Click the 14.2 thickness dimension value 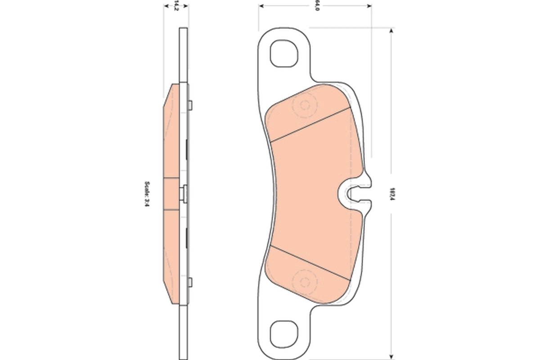pos(176,6)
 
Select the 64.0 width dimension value pos(317,6)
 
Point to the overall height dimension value pos(392,193)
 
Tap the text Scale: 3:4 pos(146,193)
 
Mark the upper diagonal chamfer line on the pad pos(310,124)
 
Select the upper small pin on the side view pos(191,105)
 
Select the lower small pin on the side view pos(191,282)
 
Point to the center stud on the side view pos(184,193)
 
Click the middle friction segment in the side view pos(172,193)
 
